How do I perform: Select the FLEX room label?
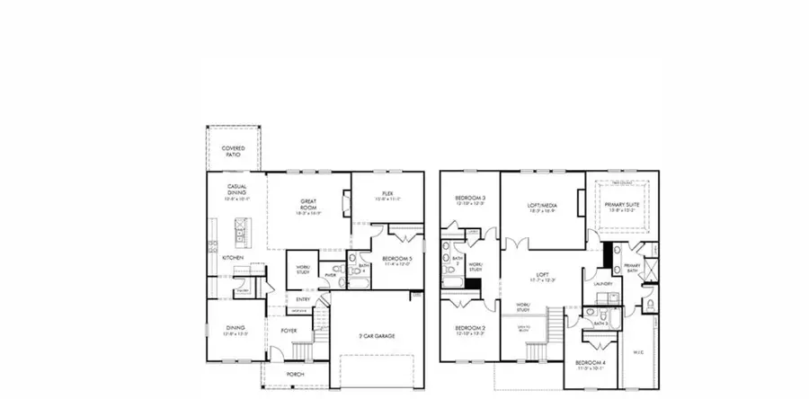pos(387,192)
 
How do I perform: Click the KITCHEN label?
pos(233,258)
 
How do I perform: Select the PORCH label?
pos(295,374)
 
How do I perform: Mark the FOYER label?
pos(289,331)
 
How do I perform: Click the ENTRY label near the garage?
pos(304,299)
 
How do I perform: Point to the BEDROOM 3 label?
pos(470,199)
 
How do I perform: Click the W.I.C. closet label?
pos(639,351)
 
